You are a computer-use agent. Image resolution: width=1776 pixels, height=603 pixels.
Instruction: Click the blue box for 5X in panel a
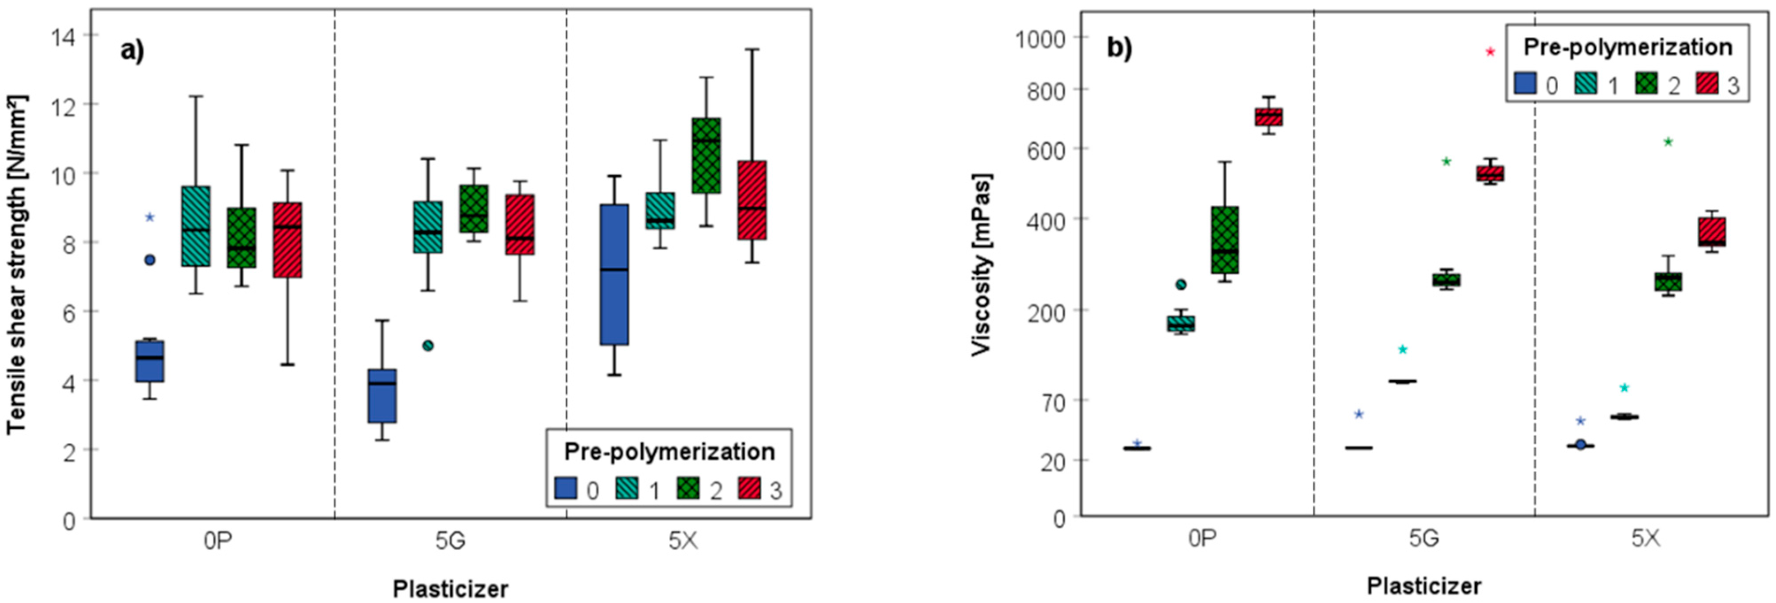click(614, 274)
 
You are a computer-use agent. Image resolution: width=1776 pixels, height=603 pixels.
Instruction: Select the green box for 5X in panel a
click(706, 156)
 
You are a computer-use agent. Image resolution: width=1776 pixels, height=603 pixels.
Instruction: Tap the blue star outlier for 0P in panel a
click(150, 217)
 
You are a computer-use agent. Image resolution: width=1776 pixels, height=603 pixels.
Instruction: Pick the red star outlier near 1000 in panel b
click(1490, 52)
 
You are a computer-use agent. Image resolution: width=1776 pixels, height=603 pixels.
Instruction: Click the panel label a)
click(132, 50)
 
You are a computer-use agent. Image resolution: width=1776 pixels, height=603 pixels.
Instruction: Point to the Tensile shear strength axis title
click(16, 265)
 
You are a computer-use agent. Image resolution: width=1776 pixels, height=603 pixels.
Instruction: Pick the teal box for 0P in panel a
click(196, 226)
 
